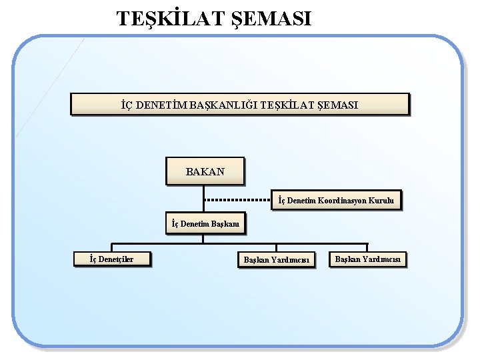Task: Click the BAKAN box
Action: point(205,171)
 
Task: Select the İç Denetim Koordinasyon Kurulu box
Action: point(336,200)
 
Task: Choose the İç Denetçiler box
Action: point(111,259)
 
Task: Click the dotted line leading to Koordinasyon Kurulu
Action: point(237,200)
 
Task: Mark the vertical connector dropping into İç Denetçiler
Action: point(111,248)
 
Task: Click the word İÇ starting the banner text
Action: point(127,105)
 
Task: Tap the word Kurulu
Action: point(381,200)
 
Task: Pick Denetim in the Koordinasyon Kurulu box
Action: point(301,200)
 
